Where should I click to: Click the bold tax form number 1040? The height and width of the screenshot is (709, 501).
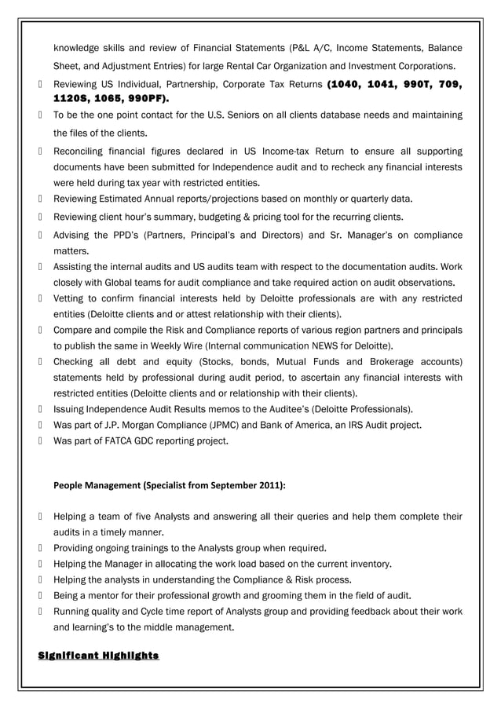tap(342, 84)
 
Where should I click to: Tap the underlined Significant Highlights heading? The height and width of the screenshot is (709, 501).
tap(99, 656)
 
